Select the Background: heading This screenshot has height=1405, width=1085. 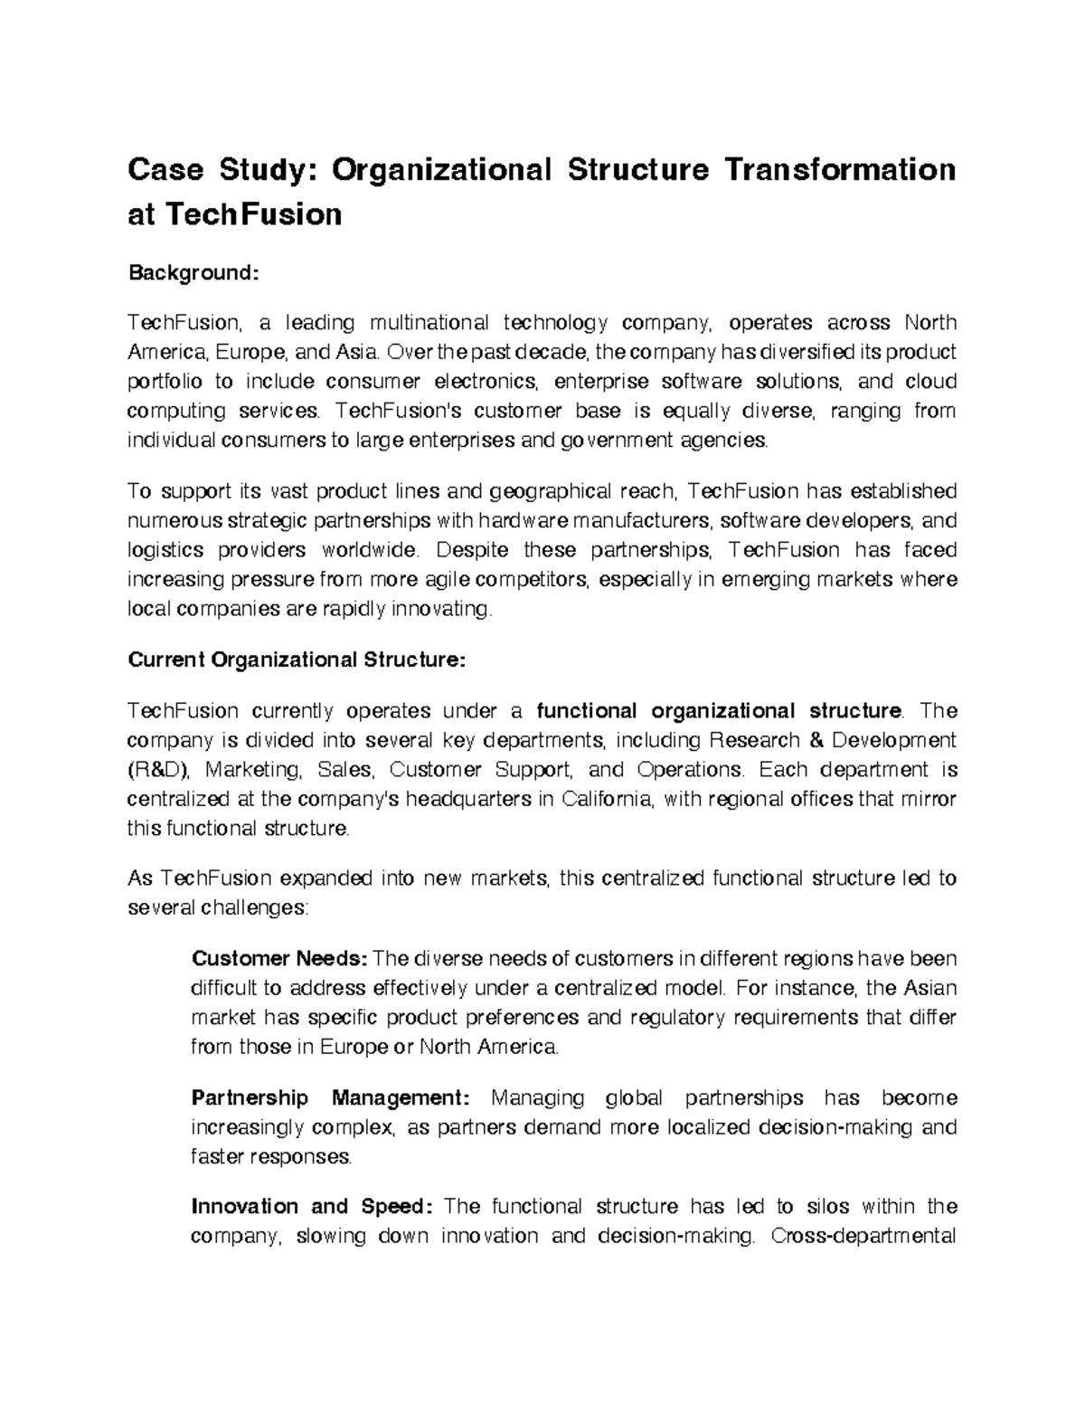click(193, 272)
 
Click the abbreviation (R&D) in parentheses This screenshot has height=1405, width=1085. click(158, 770)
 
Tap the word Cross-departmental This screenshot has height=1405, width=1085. click(863, 1236)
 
